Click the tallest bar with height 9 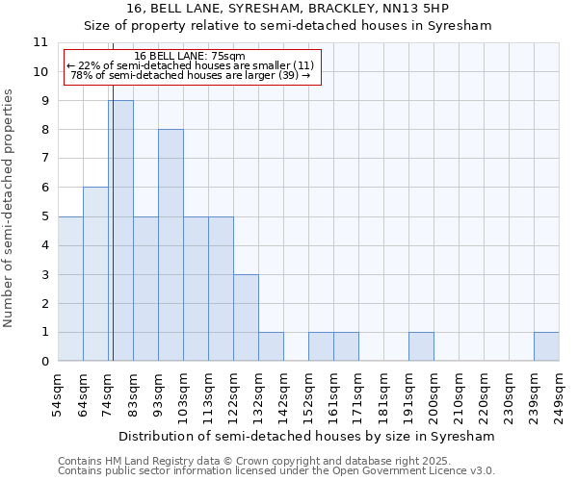click(x=120, y=231)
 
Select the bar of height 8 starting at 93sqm click(x=171, y=245)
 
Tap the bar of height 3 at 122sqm click(x=246, y=317)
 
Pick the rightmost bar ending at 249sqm click(x=546, y=346)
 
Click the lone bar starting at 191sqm click(x=421, y=346)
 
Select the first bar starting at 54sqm click(x=70, y=289)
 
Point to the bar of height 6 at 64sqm click(x=95, y=274)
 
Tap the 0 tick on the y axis click(x=44, y=362)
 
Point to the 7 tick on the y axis click(x=44, y=159)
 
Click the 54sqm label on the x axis click(x=58, y=393)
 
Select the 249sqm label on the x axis click(x=559, y=393)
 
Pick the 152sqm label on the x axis click(x=308, y=393)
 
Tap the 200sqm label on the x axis click(x=433, y=393)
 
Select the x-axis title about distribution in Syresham click(x=308, y=436)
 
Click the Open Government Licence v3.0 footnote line click(x=276, y=471)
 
